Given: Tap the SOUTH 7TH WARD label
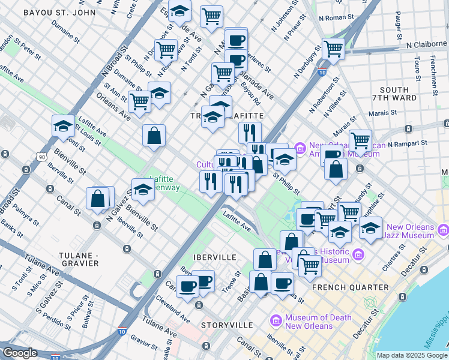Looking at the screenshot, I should point(394,94).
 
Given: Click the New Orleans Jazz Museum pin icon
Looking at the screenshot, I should point(444,229).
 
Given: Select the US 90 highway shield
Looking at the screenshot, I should point(41,157).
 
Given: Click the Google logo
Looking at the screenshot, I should point(20,353).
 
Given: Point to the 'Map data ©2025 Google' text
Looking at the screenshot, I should point(412,355).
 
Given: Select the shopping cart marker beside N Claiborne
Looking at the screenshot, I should point(333,49).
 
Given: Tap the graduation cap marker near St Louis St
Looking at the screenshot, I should point(63,125).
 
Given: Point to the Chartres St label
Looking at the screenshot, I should point(411,269).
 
